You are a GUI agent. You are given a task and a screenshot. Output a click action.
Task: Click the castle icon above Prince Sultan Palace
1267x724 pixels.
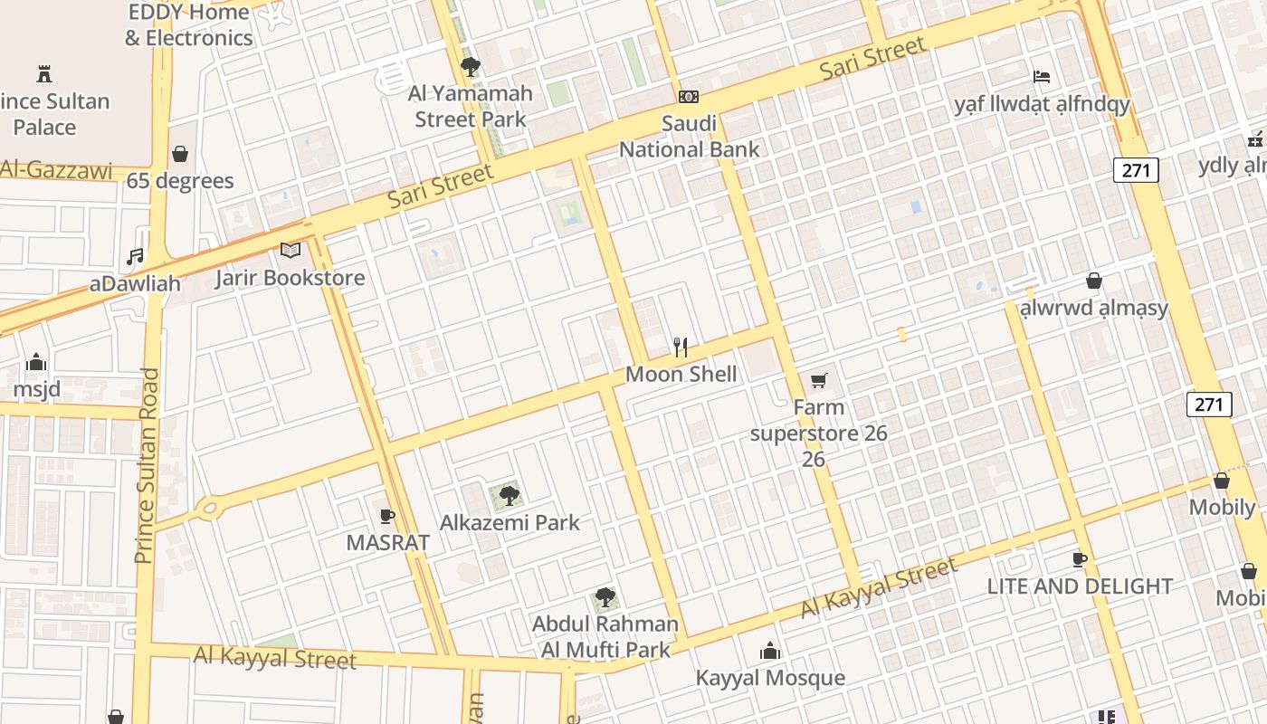tap(43, 73)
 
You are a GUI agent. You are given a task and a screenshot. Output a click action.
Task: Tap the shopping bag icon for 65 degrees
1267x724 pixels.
tap(180, 154)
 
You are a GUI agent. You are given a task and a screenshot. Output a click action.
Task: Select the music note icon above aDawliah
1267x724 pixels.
tap(135, 257)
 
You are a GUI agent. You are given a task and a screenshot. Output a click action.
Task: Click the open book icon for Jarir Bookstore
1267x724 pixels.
tap(290, 250)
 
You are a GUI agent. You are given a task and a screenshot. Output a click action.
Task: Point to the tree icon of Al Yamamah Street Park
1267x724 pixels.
tap(470, 66)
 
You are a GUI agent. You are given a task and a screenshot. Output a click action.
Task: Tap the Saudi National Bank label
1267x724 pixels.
tap(689, 136)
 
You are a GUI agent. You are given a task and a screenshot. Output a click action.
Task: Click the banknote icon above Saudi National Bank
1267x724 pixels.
tap(689, 97)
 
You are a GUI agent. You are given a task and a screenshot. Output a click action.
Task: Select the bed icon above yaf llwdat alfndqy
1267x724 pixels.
tap(1042, 77)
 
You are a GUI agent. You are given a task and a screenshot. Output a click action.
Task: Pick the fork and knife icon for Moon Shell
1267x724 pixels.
tap(681, 347)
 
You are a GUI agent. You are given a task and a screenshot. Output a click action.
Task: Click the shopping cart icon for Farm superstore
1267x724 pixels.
tap(819, 380)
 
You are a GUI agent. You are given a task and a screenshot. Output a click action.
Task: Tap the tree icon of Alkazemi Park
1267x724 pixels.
tap(510, 495)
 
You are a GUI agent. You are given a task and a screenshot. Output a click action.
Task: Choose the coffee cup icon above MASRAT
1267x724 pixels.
tap(387, 516)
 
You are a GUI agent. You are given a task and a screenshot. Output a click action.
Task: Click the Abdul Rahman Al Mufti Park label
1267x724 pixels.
tap(605, 636)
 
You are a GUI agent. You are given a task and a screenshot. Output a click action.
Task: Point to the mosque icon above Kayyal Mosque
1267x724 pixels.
tap(770, 651)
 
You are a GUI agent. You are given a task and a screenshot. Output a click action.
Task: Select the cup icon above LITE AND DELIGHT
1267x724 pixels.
tap(1079, 559)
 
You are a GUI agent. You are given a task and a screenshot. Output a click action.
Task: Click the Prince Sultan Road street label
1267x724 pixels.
tap(147, 465)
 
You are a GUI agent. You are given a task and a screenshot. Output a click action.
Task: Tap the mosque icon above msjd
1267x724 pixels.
tap(36, 362)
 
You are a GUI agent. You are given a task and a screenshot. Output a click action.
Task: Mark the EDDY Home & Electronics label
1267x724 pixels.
tap(188, 24)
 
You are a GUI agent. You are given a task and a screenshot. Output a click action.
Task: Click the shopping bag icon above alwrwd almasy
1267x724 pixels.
tap(1093, 281)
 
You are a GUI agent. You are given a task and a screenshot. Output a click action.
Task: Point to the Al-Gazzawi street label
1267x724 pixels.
tap(56, 169)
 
